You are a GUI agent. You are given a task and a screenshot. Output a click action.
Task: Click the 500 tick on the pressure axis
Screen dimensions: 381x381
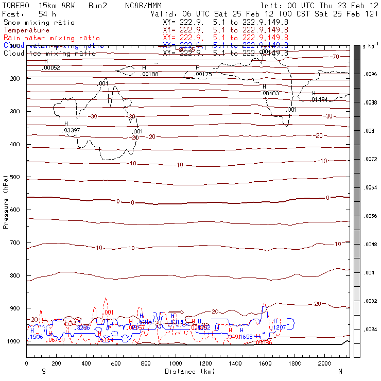point(26,177)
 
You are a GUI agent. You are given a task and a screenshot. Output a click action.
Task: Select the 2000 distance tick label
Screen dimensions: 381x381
point(325,363)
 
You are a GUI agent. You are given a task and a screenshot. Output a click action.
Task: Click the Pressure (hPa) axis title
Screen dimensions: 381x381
point(6,201)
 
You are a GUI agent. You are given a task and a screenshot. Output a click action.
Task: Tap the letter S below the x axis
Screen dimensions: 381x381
point(44,371)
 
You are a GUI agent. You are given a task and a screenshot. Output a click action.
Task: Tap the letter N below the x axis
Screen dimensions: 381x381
point(340,371)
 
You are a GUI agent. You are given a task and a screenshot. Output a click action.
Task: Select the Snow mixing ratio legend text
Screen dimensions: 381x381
point(39,23)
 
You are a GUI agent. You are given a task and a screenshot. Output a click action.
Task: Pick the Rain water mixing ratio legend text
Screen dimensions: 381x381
point(52,38)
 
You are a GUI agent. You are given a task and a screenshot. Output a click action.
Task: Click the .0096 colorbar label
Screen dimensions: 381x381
point(370,74)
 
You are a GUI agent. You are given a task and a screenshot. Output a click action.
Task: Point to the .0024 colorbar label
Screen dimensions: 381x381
point(370,329)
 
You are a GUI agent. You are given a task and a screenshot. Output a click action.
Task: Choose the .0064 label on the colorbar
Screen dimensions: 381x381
point(370,187)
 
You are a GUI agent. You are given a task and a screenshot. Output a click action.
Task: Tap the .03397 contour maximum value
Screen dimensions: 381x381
point(71,131)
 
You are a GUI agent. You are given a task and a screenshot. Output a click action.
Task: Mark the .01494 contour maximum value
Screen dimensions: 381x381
point(320,100)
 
